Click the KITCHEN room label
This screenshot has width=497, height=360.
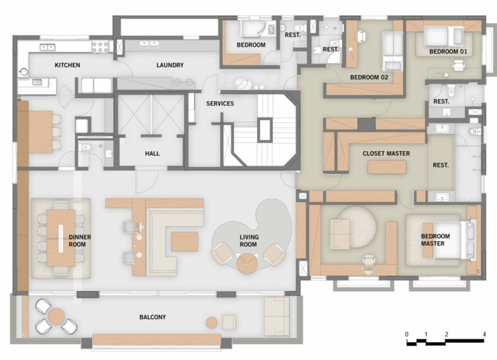coord(67,65)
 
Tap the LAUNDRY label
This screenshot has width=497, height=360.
coord(170,65)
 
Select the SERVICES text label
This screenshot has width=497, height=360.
coord(220,103)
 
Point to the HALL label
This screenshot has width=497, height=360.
coord(152,153)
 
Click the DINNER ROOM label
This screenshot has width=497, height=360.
coord(80,240)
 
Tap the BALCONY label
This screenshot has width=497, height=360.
coord(152,317)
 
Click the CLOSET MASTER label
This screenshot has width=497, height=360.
coord(386,153)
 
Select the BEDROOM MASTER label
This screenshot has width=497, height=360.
coord(435,240)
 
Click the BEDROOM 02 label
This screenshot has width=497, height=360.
coord(368,77)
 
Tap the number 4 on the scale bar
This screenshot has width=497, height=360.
coord(485,333)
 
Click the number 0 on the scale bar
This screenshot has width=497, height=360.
coord(406,333)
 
